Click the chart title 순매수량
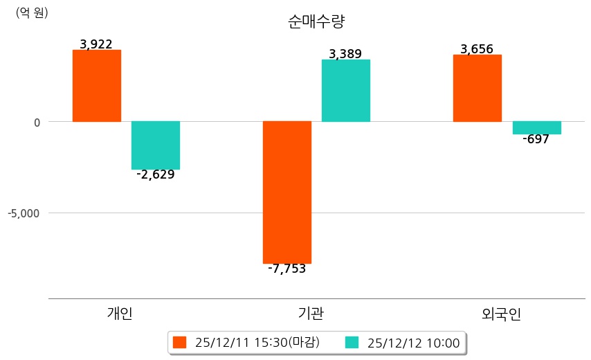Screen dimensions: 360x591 [316, 21]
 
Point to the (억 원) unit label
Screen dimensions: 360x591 [32, 12]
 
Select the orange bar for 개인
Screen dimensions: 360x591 [96, 86]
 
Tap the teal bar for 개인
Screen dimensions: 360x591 [156, 145]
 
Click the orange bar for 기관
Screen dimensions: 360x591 [287, 192]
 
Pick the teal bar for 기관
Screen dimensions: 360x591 [346, 91]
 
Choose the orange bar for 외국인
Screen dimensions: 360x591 [477, 88]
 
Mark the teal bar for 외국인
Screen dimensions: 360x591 [536, 128]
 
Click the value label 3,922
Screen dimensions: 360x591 [96, 44]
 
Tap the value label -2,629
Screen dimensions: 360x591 [156, 174]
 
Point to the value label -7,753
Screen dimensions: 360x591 [287, 269]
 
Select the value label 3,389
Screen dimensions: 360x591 [345, 54]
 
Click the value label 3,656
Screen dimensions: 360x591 [477, 49]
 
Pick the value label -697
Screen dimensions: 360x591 [536, 139]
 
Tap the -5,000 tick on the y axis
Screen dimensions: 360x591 [24, 213]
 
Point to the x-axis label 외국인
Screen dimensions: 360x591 [501, 314]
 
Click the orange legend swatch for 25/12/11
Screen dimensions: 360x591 [180, 343]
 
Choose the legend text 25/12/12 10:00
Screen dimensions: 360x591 [413, 343]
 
